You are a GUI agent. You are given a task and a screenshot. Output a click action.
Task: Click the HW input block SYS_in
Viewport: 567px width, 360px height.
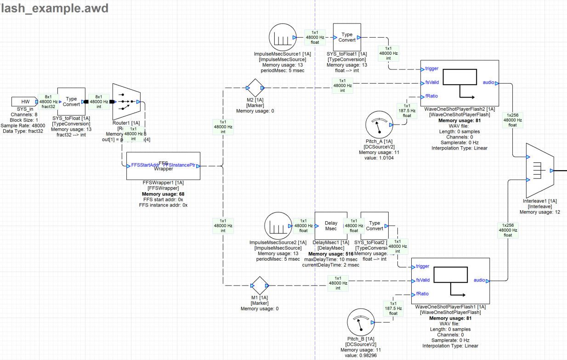click(26, 102)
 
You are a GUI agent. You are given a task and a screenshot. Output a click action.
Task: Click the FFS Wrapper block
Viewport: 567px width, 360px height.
click(163, 166)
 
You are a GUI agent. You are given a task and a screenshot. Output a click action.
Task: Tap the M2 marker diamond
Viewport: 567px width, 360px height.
click(255, 87)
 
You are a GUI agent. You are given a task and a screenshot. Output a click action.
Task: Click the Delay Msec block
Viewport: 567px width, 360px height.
click(331, 226)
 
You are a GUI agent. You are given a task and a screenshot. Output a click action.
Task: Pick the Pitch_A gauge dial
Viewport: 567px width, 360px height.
click(380, 125)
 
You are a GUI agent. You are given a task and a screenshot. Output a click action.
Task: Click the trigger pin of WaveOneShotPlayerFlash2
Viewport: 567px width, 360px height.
click(431, 69)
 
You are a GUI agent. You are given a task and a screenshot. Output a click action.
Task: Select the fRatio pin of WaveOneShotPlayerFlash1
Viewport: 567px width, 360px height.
click(422, 294)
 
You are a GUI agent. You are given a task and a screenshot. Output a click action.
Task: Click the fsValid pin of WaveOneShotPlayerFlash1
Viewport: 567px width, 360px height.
click(422, 280)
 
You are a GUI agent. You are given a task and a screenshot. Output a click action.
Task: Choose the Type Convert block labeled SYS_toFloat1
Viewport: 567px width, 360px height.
click(347, 37)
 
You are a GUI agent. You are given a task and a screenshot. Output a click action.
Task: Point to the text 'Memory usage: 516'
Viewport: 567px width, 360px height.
click(331, 254)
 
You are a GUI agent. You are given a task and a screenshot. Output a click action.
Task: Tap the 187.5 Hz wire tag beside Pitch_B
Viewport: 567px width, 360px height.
click(393, 309)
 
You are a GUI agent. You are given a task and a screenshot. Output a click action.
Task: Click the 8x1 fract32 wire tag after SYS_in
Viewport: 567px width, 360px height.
click(48, 102)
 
